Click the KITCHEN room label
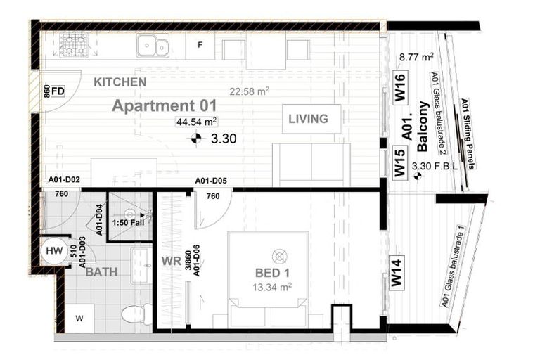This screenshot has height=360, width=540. coord(120,82)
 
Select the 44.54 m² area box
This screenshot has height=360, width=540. coord(197,122)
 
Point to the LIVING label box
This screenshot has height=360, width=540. coord(308,119)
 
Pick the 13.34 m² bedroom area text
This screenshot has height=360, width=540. coord(272,287)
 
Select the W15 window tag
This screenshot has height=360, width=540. coord(399,162)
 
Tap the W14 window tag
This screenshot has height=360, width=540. coord(397,271)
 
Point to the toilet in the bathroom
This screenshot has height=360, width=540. coord(134,314)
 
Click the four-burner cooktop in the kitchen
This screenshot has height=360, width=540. coord(72,46)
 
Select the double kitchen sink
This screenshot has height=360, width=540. coord(152,46)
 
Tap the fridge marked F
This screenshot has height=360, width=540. coord(200,46)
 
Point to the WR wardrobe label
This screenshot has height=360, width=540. coord(171,261)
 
